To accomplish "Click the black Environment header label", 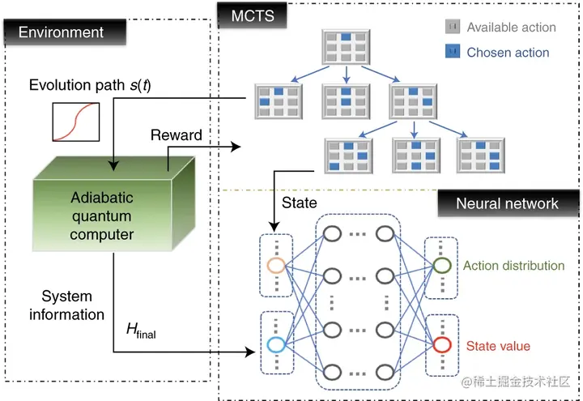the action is pos(65,32).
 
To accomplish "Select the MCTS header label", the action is pos(252,15).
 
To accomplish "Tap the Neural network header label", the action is pos(508,203).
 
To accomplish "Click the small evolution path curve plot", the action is pos(76,122).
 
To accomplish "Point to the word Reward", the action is pos(177,135).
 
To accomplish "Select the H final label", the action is pos(141,331).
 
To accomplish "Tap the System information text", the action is pos(67,305).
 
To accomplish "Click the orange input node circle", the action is pos(276,266).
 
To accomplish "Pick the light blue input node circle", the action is pos(276,345).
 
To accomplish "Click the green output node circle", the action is pos(442,266).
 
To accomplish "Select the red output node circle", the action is pos(442,345).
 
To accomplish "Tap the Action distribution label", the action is pos(514,266).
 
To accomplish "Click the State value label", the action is pos(498,346).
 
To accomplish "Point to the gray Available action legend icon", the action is pos(453,27).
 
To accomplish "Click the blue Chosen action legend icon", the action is pos(453,51).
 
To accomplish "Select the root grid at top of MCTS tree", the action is pos(346,47).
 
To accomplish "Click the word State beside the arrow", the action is pos(300,203).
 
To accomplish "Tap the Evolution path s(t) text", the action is pos(90,85).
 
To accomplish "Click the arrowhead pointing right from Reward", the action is pos(236,147).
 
